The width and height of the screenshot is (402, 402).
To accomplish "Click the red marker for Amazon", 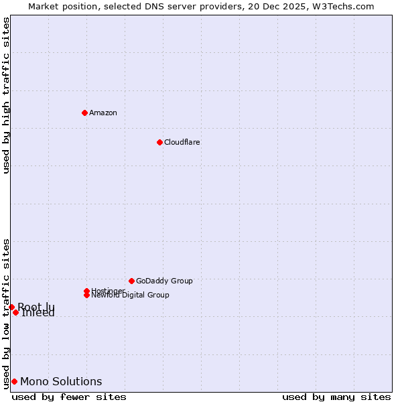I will pos(84,113).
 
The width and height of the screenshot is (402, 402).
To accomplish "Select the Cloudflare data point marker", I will pos(159,142).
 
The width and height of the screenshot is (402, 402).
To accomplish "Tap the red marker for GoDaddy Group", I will pos(131,281).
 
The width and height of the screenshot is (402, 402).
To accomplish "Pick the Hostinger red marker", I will pos(86,291).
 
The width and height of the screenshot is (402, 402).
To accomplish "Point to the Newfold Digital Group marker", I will pos(86,295).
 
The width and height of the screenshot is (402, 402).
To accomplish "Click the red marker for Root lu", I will pos(11,307).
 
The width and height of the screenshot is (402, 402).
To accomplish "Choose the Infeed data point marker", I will pos(15,312).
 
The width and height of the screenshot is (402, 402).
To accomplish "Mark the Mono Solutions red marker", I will pos(14,381).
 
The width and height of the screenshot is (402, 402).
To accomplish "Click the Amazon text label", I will pos(103,113).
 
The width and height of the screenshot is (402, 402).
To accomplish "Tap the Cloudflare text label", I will pos(182,142).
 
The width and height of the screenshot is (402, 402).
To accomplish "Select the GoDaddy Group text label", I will pos(164,281).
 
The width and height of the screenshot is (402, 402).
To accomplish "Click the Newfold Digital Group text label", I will pos(131,295).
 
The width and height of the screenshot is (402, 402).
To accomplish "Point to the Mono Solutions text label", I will pos(61,382).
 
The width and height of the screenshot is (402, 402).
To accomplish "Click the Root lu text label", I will pos(36,306).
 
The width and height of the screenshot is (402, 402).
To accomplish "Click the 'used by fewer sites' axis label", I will pos(69,397).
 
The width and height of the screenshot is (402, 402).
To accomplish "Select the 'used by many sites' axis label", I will pos(336,397).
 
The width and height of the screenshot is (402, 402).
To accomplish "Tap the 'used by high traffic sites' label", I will pos(7,95).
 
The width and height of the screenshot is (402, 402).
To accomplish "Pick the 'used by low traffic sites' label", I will pos(7,313).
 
